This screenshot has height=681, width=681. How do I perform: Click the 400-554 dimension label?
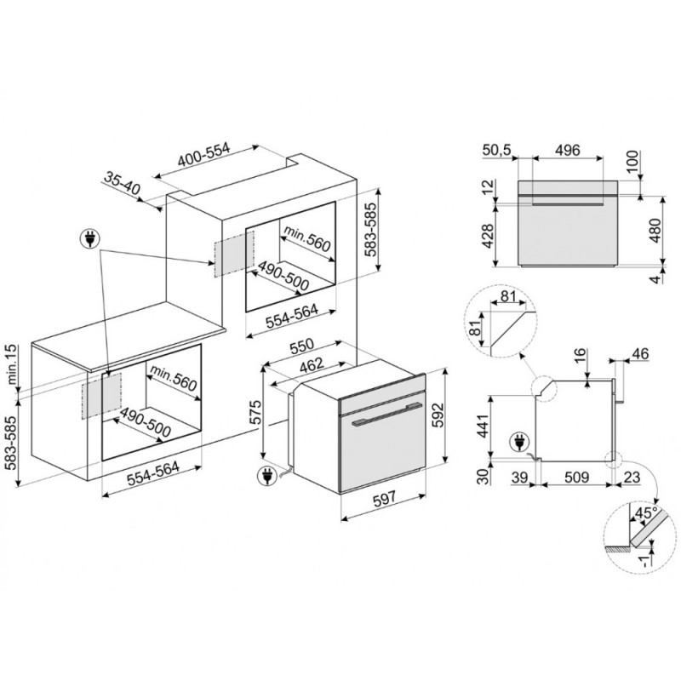[203, 155]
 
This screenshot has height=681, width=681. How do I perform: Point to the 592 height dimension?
[438, 415]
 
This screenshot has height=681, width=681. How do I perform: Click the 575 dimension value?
[257, 412]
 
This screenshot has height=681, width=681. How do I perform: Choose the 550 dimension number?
[302, 346]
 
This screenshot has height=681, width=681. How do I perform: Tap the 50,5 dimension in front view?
[497, 151]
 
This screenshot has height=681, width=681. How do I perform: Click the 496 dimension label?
[568, 150]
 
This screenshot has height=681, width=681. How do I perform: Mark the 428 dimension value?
[489, 237]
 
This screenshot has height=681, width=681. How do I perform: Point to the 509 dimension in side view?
[576, 478]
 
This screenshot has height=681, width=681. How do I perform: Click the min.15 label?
[11, 365]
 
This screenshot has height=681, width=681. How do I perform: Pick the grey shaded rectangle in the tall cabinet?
[233, 254]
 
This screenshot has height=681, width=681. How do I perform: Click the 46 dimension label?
[639, 354]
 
